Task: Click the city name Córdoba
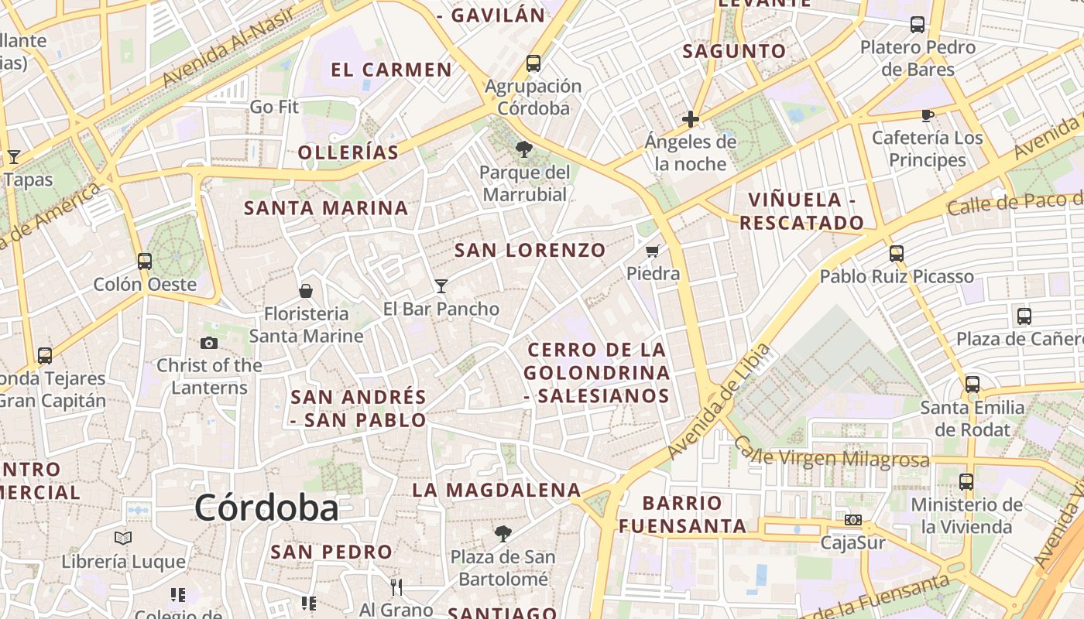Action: coord(266,508)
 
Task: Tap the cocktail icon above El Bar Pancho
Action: coord(441,286)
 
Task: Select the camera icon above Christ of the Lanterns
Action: coord(209,343)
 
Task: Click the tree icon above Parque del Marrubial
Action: coord(524,149)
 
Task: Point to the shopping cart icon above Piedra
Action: coord(653,251)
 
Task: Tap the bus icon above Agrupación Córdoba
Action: coord(533,63)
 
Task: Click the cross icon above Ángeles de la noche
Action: coord(691,119)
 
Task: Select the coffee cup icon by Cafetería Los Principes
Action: coord(927,116)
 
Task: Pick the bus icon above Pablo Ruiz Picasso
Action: coord(897,254)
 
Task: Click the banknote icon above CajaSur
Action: coord(853,520)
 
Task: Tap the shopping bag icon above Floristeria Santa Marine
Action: coord(306,291)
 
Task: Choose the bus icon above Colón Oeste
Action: coord(145,262)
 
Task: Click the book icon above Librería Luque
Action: coord(123,538)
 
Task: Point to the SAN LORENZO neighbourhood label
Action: coord(530,250)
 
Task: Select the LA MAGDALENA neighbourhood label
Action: coord(496,490)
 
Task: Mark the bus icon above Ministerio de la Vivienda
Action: coord(966,482)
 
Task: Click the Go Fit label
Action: coord(274,107)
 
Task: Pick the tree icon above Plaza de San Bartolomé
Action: coord(503,533)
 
